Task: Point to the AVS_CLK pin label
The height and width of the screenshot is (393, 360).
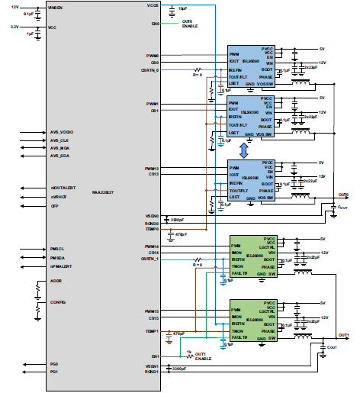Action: pyautogui.click(x=59, y=140)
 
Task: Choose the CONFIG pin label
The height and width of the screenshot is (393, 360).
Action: pyautogui.click(x=57, y=301)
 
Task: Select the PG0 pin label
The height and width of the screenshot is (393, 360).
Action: pyautogui.click(x=53, y=364)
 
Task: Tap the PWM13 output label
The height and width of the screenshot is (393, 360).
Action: pyautogui.click(x=152, y=168)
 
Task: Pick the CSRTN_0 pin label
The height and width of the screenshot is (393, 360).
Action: pyautogui.click(x=150, y=69)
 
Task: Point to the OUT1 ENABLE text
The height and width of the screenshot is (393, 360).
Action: pyautogui.click(x=202, y=356)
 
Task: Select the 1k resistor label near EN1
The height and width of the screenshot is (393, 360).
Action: pyautogui.click(x=188, y=351)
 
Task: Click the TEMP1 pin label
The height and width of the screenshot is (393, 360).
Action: pyautogui.click(x=151, y=331)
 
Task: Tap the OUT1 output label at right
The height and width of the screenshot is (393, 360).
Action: pyautogui.click(x=343, y=335)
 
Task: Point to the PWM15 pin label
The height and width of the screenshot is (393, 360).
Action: pyautogui.click(x=152, y=311)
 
